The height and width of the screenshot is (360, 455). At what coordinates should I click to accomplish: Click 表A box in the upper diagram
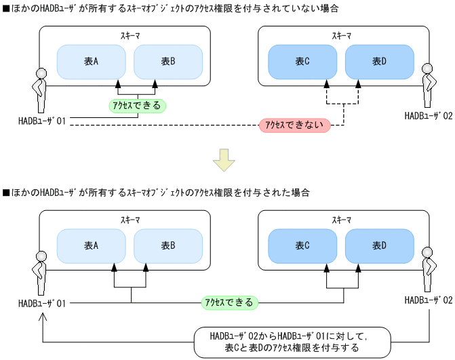pyautogui.click(x=91, y=62)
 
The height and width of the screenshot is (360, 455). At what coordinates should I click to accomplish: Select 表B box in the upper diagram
pyautogui.click(x=167, y=62)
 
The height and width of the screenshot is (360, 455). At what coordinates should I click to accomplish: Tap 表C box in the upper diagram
pyautogui.click(x=302, y=62)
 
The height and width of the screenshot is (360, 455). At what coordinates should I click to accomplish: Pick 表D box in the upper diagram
pyautogui.click(x=379, y=62)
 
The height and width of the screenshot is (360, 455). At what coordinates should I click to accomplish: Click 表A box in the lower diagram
pyautogui.click(x=91, y=246)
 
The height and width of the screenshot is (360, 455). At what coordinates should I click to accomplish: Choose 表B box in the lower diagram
pyautogui.click(x=167, y=246)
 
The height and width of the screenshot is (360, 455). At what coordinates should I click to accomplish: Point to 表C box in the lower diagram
pyautogui.click(x=302, y=246)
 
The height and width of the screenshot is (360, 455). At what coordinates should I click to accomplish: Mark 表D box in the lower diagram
pyautogui.click(x=379, y=246)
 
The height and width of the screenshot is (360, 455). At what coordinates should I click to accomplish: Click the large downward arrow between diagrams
pyautogui.click(x=223, y=161)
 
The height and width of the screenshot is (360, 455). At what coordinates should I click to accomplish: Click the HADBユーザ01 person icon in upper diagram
pyautogui.click(x=39, y=90)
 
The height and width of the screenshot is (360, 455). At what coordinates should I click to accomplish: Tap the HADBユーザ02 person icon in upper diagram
pyautogui.click(x=428, y=85)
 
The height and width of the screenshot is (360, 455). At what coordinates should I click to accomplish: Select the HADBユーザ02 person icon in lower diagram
pyautogui.click(x=428, y=269)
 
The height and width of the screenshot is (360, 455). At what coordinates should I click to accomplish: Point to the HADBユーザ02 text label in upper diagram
pyautogui.click(x=428, y=116)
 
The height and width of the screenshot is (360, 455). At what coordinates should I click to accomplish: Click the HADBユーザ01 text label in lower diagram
pyautogui.click(x=42, y=302)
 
